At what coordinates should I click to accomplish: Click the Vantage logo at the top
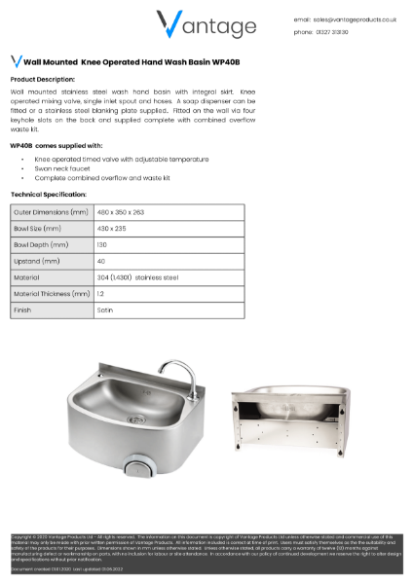click(x=206, y=24)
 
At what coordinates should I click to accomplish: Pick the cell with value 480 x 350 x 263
click(x=121, y=211)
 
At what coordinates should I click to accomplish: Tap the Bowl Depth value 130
click(x=103, y=244)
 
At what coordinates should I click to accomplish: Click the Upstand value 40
click(x=101, y=261)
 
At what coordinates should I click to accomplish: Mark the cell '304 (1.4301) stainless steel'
click(x=137, y=277)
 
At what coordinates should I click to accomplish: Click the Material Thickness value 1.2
click(x=100, y=293)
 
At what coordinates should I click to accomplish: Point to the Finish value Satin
click(x=105, y=310)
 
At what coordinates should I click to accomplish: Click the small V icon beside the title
click(x=16, y=60)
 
